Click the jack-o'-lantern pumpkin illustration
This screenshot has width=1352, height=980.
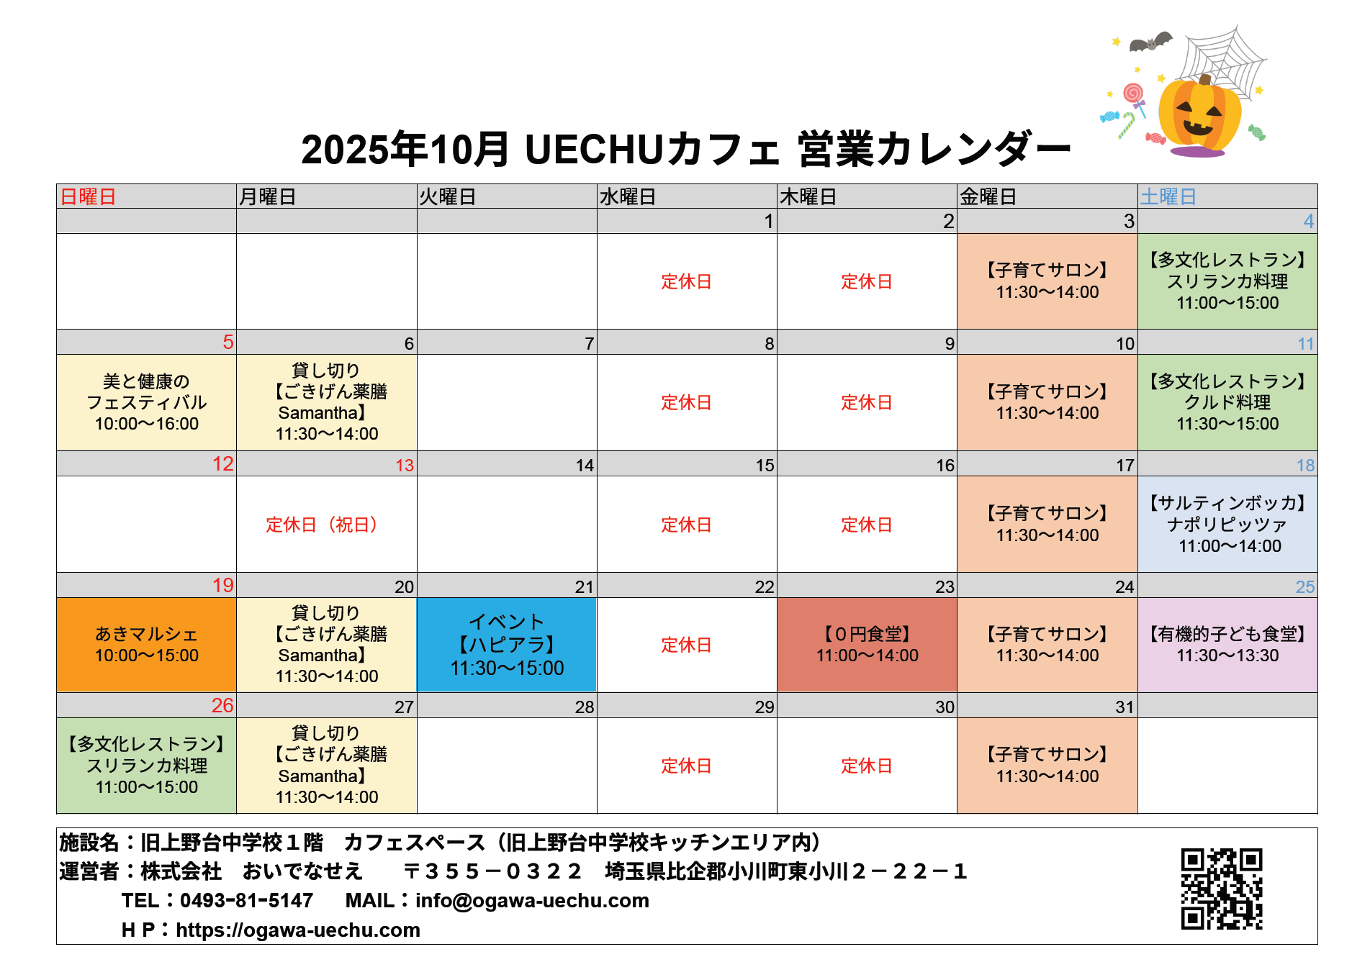pos(1199,115)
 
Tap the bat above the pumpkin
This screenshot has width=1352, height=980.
pos(1150,42)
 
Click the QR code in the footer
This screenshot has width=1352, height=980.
pos(1222,889)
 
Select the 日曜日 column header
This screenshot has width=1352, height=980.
pos(88,196)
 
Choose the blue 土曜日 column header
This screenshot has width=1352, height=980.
pos(1168,196)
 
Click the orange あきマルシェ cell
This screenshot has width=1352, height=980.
pos(147,645)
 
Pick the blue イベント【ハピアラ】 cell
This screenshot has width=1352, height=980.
pos(507,645)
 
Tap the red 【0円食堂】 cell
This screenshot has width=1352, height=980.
pos(867,645)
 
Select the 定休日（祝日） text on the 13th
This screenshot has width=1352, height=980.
pos(323,525)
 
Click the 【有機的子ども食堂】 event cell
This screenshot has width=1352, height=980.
pos(1227,645)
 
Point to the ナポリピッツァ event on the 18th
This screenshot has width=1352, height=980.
pos(1227,524)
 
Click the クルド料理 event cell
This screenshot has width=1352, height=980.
pos(1227,402)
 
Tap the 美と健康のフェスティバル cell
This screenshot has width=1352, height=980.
pos(147,402)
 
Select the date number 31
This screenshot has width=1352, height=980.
pos(1125,707)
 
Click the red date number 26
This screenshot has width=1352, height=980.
pos(222,706)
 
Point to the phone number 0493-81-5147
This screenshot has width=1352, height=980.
pos(246,900)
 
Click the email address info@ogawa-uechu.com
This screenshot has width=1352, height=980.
pos(532,900)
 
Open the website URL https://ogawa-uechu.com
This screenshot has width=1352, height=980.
pos(297,930)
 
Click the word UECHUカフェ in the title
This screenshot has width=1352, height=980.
pos(652,150)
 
